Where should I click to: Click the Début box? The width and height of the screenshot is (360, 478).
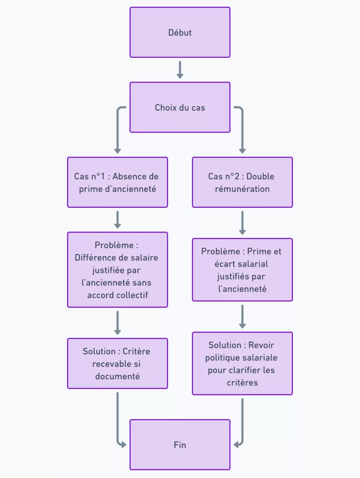tap(180, 32)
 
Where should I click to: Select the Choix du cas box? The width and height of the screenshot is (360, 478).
tap(180, 107)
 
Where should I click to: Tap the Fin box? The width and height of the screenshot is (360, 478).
tap(180, 444)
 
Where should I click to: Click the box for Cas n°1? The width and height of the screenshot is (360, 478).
tap(117, 182)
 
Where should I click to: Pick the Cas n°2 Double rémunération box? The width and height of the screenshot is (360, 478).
tap(242, 182)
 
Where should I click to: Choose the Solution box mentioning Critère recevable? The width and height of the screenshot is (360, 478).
tap(117, 363)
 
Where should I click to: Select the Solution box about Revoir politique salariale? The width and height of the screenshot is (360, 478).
tap(242, 363)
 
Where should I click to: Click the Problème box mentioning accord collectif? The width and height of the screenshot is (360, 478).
tap(117, 269)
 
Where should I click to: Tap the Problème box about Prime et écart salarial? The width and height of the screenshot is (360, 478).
tap(242, 269)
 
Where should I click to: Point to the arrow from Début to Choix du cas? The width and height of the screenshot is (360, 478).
tap(180, 70)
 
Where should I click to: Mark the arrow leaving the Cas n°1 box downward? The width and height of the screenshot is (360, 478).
tap(117, 219)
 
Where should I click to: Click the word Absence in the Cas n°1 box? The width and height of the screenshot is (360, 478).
tap(129, 176)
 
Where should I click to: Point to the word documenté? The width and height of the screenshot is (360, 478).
tap(117, 376)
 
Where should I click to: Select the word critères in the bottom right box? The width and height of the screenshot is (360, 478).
tap(242, 383)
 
